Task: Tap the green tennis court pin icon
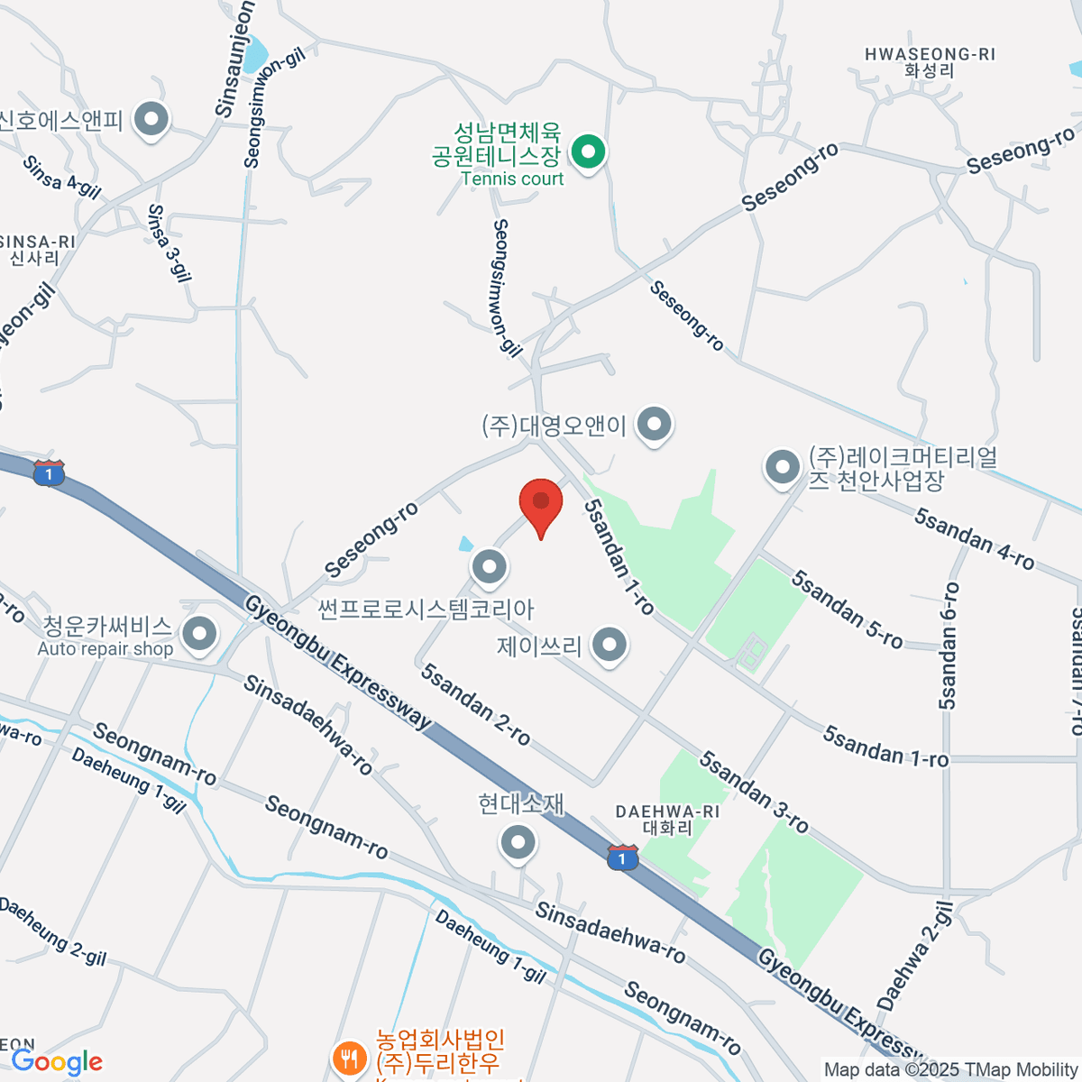pyautogui.click(x=589, y=152)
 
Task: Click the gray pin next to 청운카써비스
pyautogui.click(x=199, y=633)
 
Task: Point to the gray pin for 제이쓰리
pyautogui.click(x=610, y=645)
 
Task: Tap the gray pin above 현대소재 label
pyautogui.click(x=518, y=844)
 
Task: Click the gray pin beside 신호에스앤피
pyautogui.click(x=151, y=118)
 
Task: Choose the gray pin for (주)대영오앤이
pyautogui.click(x=654, y=423)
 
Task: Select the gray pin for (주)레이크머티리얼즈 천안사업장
pyautogui.click(x=782, y=467)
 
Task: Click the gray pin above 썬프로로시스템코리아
pyautogui.click(x=490, y=567)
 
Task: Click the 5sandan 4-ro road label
pyautogui.click(x=974, y=539)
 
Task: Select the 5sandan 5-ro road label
pyautogui.click(x=847, y=609)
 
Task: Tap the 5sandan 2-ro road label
pyautogui.click(x=476, y=704)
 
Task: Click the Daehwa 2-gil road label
pyautogui.click(x=914, y=956)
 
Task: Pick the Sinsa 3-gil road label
pyautogui.click(x=170, y=243)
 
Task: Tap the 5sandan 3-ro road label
pyautogui.click(x=754, y=793)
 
